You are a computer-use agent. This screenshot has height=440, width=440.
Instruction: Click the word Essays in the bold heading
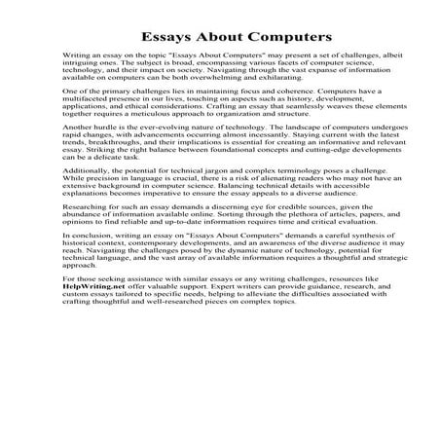164,36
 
